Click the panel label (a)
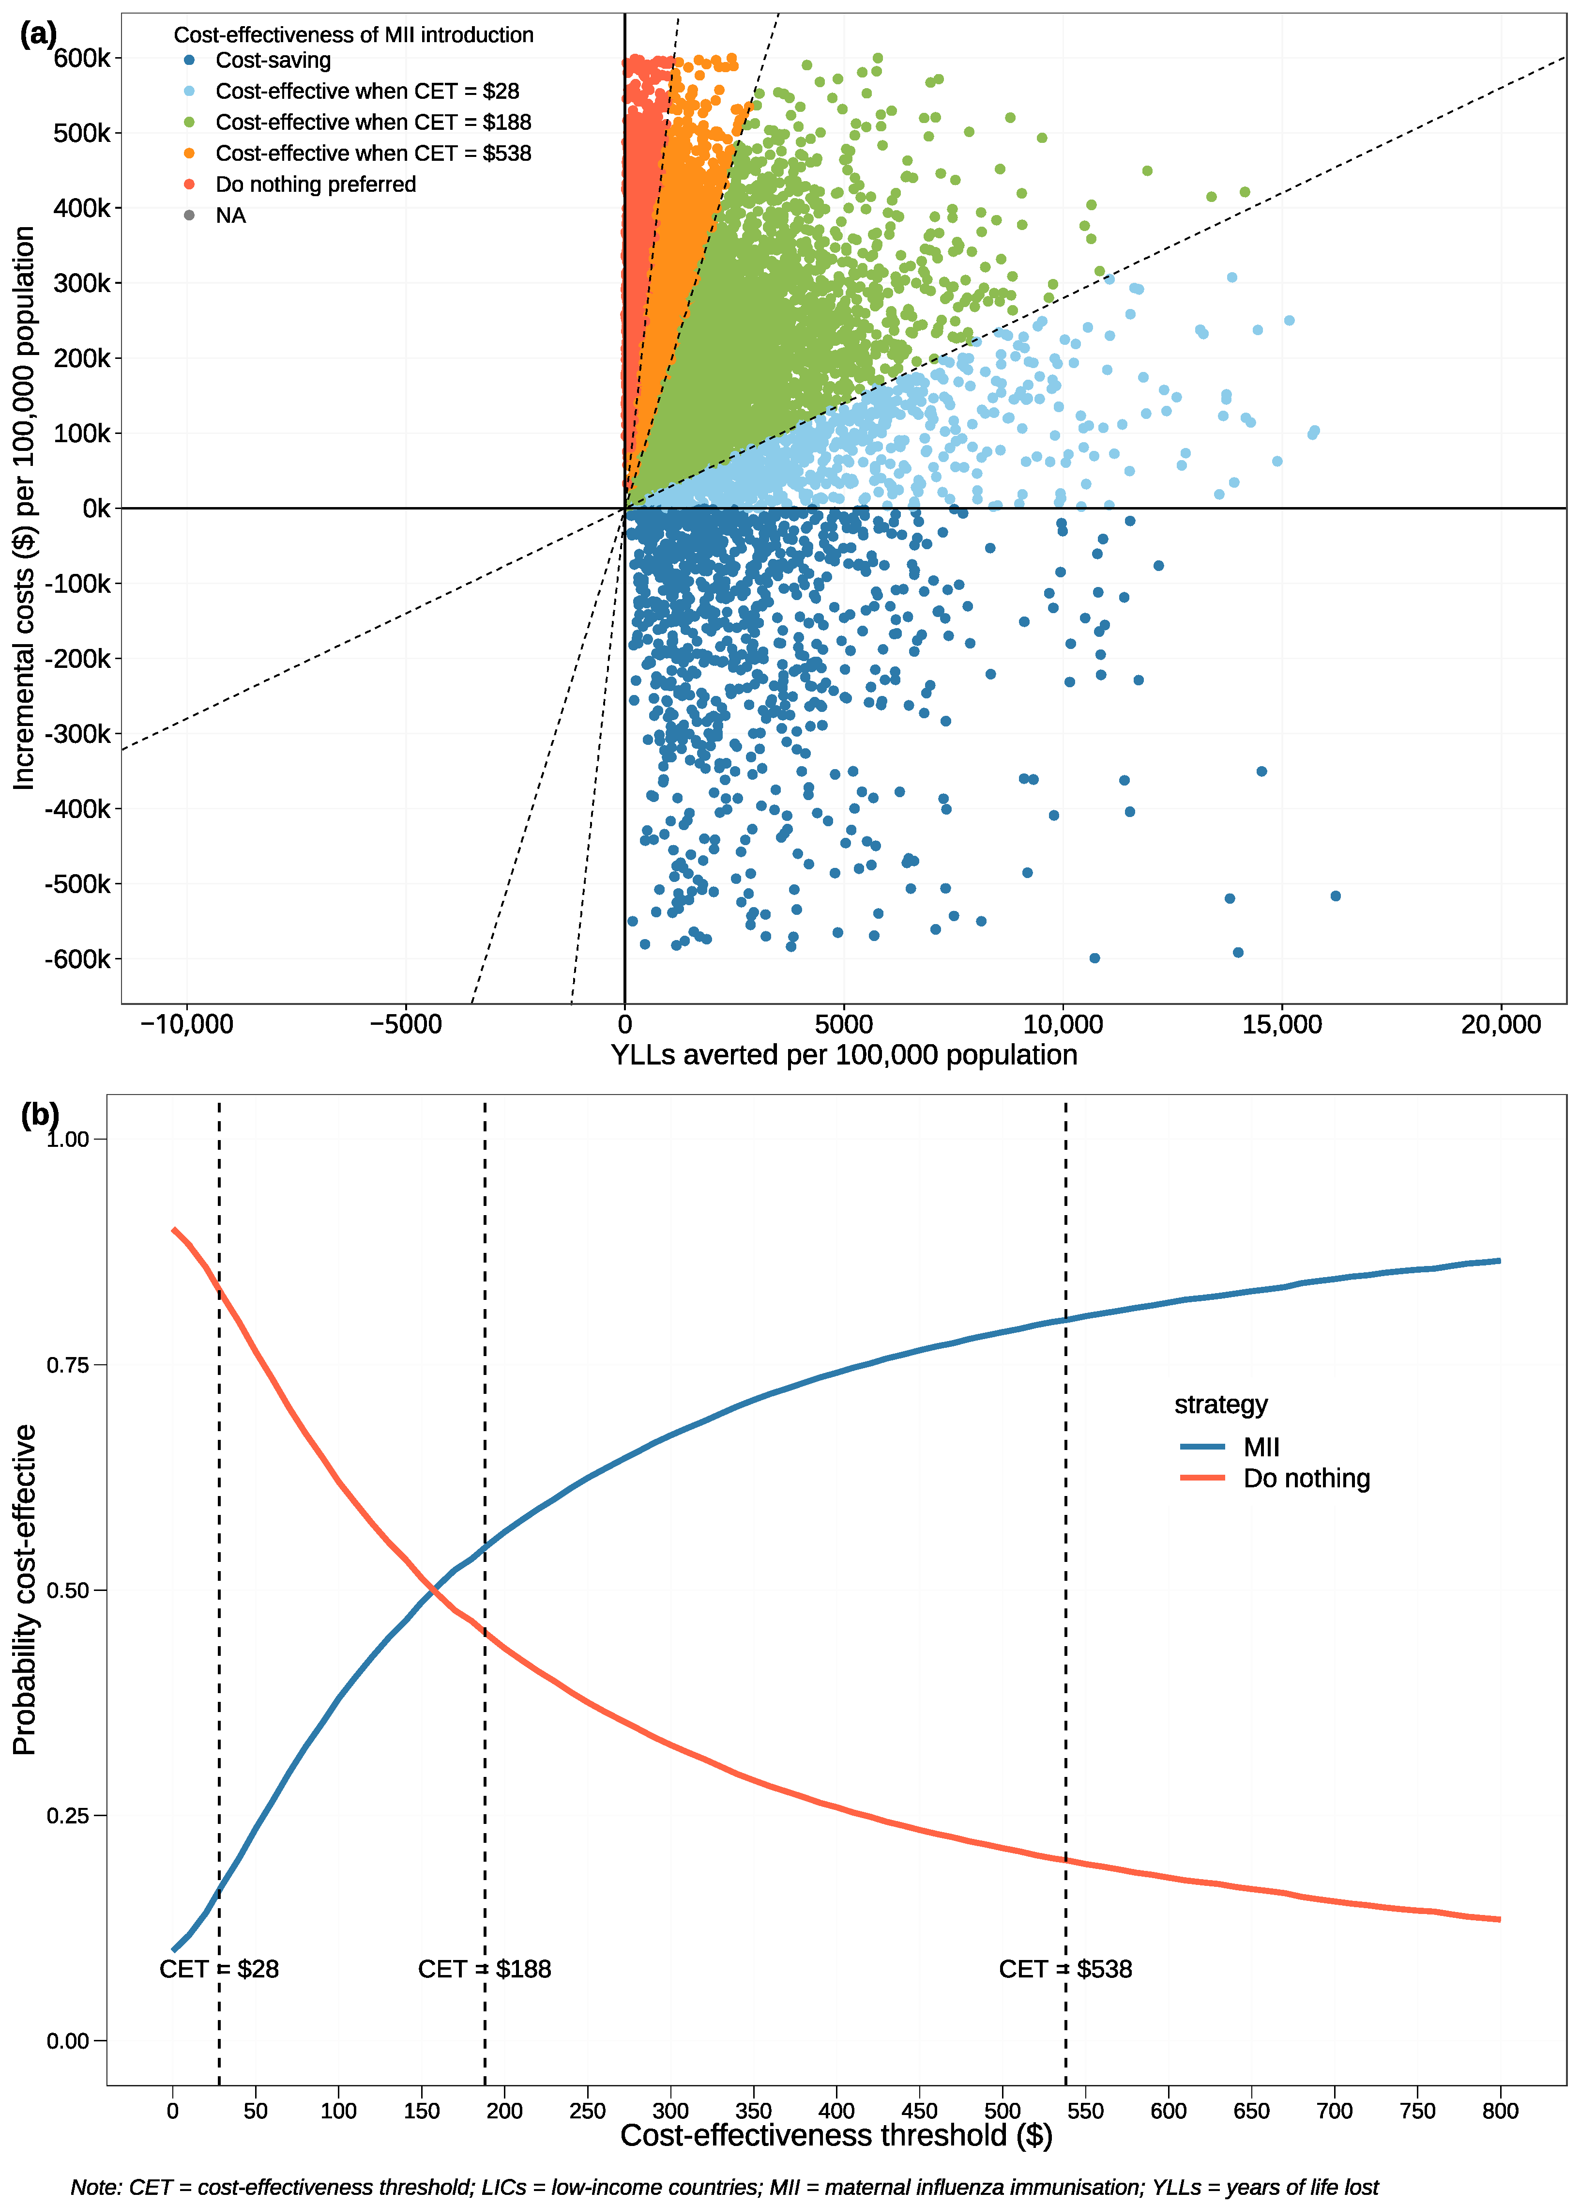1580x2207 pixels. [38, 35]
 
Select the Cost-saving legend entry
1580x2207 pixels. [273, 61]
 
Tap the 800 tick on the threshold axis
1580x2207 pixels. [1500, 2112]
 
